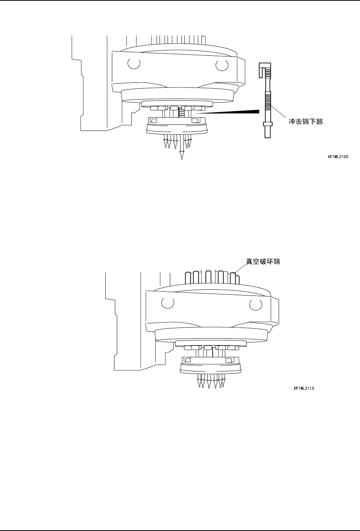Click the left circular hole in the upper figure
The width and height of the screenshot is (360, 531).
134,64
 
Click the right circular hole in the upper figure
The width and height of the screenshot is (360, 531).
221,65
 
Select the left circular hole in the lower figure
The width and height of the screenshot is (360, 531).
166,302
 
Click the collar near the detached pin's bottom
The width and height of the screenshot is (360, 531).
267,124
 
